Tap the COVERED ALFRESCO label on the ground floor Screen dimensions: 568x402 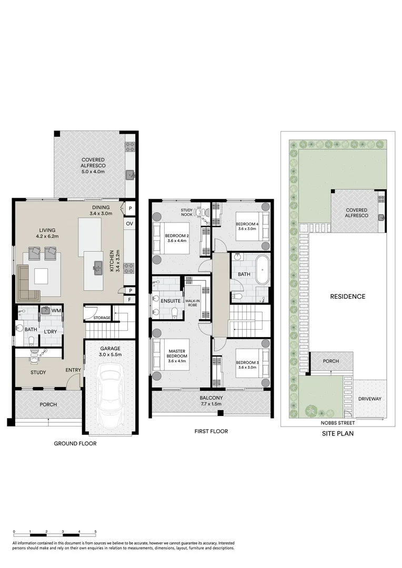click(93, 165)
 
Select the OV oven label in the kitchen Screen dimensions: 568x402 click(129, 224)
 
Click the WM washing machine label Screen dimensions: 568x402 click(57, 311)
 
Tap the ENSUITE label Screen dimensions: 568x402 click(170, 301)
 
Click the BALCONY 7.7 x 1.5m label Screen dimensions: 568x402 click(212, 401)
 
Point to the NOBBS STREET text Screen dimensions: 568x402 click(338, 423)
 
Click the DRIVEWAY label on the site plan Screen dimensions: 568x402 click(369, 399)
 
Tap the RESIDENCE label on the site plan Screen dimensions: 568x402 click(347, 297)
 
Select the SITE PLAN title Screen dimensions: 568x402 click(337, 434)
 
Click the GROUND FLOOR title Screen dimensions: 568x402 click(75, 443)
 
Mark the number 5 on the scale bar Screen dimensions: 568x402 click(95, 532)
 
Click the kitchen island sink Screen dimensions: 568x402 click(97, 268)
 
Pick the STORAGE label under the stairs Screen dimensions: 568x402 click(102, 318)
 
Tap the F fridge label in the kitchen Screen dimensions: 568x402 click(129, 299)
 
